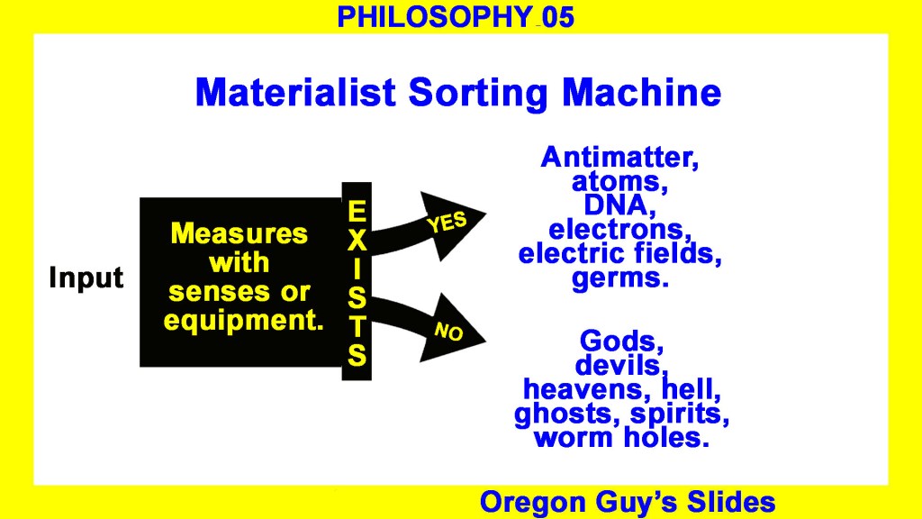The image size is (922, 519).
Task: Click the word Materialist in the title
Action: (x=295, y=93)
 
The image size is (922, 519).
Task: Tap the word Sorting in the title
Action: (x=478, y=94)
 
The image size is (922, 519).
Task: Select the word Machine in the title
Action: (x=641, y=93)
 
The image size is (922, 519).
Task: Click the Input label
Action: (x=86, y=278)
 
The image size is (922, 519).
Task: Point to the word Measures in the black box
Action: (x=239, y=233)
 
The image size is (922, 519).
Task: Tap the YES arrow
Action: (x=428, y=226)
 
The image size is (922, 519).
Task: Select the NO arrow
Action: (x=428, y=326)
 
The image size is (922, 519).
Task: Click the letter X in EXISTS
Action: (x=357, y=240)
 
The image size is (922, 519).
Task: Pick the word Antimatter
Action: (x=619, y=157)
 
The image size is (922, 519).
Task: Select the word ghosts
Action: (x=568, y=414)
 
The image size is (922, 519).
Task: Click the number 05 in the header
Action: (x=558, y=17)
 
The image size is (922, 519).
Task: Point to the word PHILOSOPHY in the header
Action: (x=435, y=17)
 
